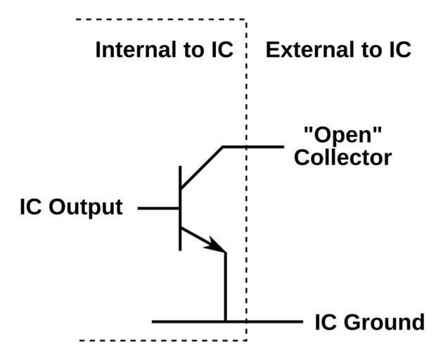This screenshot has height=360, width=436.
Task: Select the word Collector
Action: click(342, 157)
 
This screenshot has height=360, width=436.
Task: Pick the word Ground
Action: click(389, 323)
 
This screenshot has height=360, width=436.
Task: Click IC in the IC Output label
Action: click(31, 208)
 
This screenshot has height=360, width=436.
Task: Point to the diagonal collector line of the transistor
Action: click(202, 167)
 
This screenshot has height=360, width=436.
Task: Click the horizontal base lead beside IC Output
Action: click(159, 208)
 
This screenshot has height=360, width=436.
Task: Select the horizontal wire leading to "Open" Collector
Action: click(257, 147)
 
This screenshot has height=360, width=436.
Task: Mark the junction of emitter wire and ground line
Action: click(225, 322)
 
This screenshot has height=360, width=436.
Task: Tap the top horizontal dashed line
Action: click(162, 20)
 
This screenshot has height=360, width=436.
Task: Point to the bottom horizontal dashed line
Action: click(162, 341)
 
